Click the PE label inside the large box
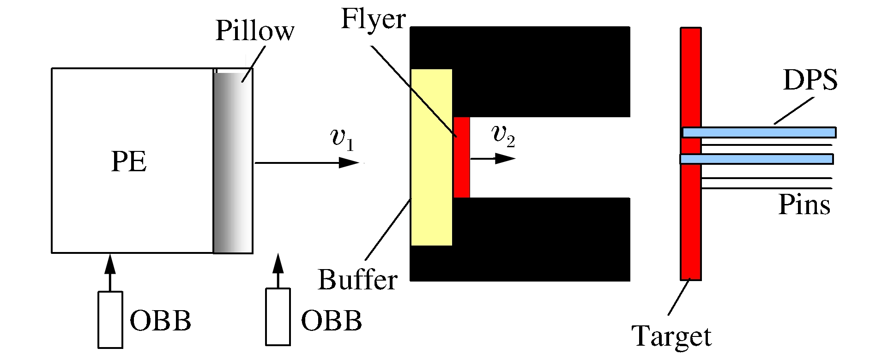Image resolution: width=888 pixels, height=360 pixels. tap(129, 162)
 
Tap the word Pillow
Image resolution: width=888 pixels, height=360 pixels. tap(254, 31)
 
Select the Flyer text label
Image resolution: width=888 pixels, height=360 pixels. tap(373, 19)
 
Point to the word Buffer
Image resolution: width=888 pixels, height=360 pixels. tap(357, 280)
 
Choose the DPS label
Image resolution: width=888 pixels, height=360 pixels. tap(810, 80)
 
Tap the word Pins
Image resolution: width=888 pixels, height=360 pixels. tap(804, 204)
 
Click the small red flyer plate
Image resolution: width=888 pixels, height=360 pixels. tap(462, 157)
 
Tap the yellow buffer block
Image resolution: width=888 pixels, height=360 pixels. tap(431, 157)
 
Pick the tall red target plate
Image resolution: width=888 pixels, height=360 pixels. tap(690, 222)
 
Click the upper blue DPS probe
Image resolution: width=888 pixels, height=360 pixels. tap(759, 132)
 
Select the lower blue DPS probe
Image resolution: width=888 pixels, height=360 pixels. tap(756, 159)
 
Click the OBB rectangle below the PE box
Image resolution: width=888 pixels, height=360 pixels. tap(110, 319)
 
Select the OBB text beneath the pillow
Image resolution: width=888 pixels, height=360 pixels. tap(331, 320)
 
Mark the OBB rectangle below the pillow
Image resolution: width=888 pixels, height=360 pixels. tap(278, 317)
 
